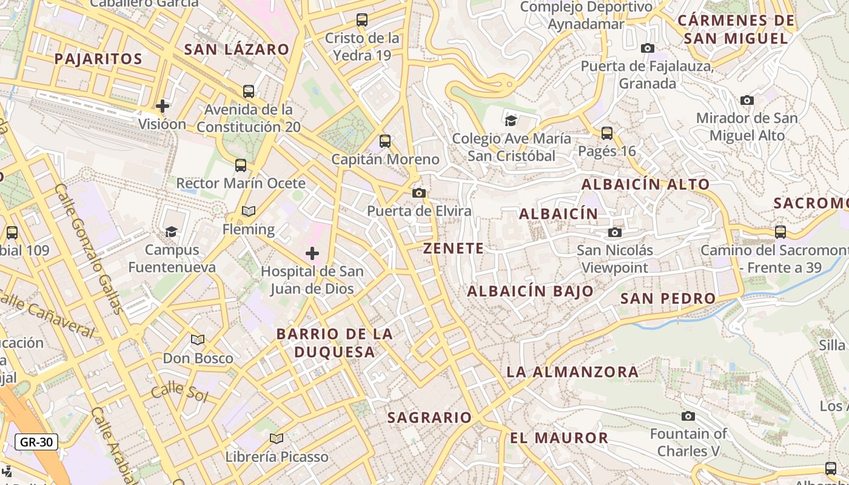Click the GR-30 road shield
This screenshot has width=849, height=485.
pos(36,442)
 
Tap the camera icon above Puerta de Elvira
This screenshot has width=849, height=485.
pos(418,193)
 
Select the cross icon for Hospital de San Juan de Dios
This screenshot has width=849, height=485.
pos(312,253)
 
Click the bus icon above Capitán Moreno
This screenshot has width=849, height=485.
pos(385,141)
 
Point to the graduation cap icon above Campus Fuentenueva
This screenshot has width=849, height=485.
pos(172,232)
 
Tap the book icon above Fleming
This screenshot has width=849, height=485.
pos(249,211)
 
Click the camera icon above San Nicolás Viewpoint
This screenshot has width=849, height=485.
pos(615,232)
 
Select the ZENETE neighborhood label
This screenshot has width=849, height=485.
pos(454,248)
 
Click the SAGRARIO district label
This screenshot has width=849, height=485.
pos(429,417)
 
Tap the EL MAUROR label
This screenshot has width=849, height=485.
pos(559,438)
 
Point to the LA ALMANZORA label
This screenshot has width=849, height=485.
pos(572,372)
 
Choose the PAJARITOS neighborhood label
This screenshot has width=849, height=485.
pos(98,59)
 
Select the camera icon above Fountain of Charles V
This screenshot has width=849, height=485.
pos(688,416)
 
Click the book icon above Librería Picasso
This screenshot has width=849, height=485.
pos(277,438)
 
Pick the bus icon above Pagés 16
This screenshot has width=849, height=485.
pos(607,133)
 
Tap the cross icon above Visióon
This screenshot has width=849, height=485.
pos(163,106)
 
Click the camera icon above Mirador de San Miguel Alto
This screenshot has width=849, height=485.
pos(747,100)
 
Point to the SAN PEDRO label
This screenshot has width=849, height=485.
pos(668,298)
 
